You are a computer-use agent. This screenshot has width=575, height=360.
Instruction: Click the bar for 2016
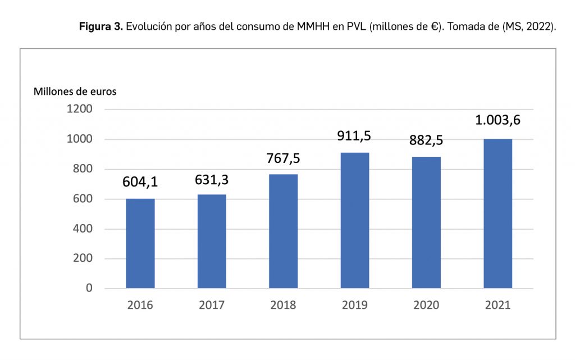140,243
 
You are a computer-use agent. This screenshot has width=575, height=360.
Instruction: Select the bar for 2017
212,241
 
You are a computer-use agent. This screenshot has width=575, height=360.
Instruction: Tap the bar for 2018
283,231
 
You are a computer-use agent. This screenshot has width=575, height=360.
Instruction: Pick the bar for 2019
355,220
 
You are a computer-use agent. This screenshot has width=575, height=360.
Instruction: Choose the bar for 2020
426,222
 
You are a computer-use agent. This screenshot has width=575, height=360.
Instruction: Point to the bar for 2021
498,213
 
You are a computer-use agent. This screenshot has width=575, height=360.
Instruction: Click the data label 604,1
140,183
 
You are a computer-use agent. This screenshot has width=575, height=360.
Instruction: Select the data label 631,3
212,180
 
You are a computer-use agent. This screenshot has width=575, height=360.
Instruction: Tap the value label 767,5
284,158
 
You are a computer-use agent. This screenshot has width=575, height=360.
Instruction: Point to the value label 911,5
355,136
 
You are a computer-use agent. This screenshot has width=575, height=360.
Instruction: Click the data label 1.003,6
498,120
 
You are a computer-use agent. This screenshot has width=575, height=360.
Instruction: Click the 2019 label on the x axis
355,306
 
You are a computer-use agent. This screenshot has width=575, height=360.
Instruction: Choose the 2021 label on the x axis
498,306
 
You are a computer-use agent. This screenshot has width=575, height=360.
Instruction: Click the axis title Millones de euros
75,91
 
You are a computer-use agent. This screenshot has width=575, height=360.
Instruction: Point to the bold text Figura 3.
101,26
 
